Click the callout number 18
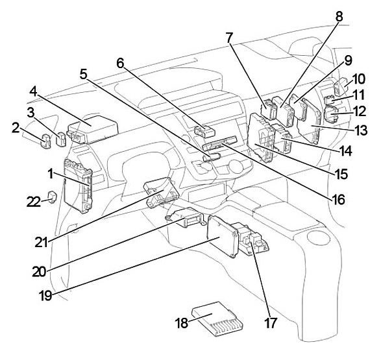coord(182,323)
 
